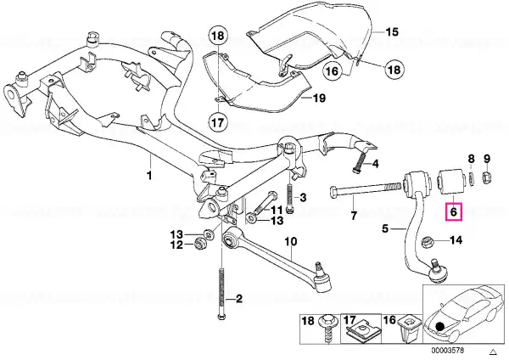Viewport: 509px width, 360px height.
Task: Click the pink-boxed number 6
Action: tap(454, 212)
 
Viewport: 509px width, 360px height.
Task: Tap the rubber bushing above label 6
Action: tap(450, 182)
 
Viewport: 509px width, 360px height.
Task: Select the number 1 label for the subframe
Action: tap(149, 176)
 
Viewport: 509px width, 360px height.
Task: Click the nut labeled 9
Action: tap(486, 177)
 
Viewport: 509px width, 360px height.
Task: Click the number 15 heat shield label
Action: tap(391, 32)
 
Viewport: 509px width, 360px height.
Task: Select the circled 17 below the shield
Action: tap(218, 122)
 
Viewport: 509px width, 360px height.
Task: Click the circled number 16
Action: tap(332, 70)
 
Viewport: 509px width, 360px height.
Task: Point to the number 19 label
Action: tap(319, 98)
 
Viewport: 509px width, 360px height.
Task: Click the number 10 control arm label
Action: tap(291, 242)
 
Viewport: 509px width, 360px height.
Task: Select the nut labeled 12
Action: tap(200, 244)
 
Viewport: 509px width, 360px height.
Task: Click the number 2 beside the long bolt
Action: tap(239, 299)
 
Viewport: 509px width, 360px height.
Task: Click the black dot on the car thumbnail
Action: tap(439, 327)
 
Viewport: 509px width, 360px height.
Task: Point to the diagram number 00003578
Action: tap(447, 351)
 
